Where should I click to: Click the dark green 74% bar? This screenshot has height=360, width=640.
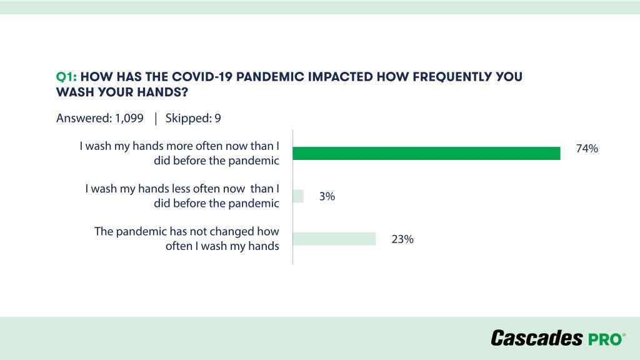[426, 154]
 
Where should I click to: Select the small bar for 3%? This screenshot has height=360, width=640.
[298, 196]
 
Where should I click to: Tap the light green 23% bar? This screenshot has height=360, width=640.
[334, 239]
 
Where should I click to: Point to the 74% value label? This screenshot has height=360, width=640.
[587, 149]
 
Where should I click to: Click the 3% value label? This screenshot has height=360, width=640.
[327, 196]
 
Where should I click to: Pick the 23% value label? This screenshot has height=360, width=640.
[402, 239]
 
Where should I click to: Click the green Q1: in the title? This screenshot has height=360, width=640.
[66, 77]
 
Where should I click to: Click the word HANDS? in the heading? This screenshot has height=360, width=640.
[162, 92]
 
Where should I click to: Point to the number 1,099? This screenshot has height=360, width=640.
[129, 118]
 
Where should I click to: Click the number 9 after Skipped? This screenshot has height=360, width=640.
[217, 118]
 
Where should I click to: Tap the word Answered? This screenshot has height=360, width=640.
[83, 118]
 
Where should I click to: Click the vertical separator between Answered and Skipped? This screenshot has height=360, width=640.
[156, 119]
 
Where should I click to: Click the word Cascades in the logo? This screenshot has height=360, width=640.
[537, 338]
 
